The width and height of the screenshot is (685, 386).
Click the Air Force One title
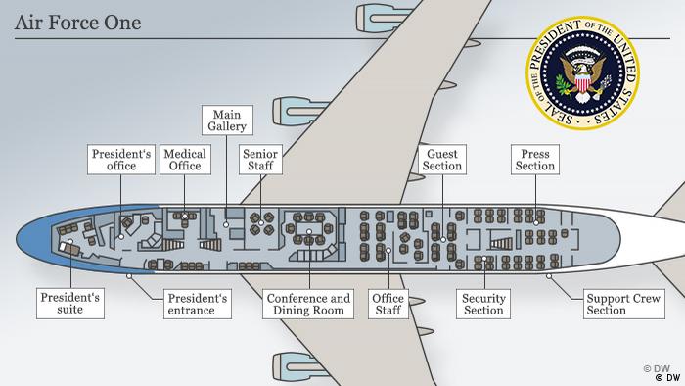pyautogui.click(x=77, y=21)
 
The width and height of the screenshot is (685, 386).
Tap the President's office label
pyautogui.click(x=120, y=160)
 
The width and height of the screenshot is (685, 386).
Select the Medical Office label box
pyautogui.click(x=183, y=160)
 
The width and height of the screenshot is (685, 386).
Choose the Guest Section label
pyautogui.click(x=442, y=160)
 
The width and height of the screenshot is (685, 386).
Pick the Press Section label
pyautogui.click(x=535, y=160)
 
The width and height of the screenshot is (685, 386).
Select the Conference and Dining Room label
pyautogui.click(x=307, y=304)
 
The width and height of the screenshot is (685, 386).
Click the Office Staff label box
pyautogui.click(x=388, y=304)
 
